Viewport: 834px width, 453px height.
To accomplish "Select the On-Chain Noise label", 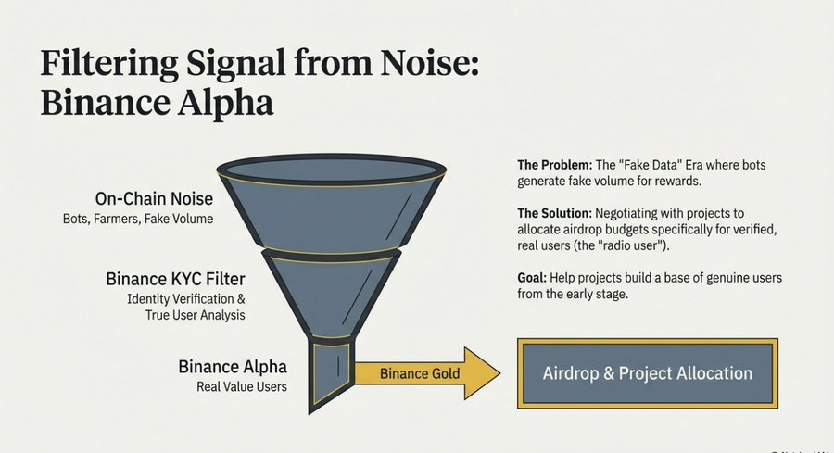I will point(154,199).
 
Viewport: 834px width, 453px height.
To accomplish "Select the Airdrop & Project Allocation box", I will point(647,374).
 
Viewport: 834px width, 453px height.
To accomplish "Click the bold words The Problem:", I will point(554,165).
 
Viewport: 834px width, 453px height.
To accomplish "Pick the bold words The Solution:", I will point(554,213).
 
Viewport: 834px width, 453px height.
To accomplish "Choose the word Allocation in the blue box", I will point(712,374).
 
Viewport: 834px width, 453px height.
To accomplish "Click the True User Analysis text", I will point(189,316).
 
